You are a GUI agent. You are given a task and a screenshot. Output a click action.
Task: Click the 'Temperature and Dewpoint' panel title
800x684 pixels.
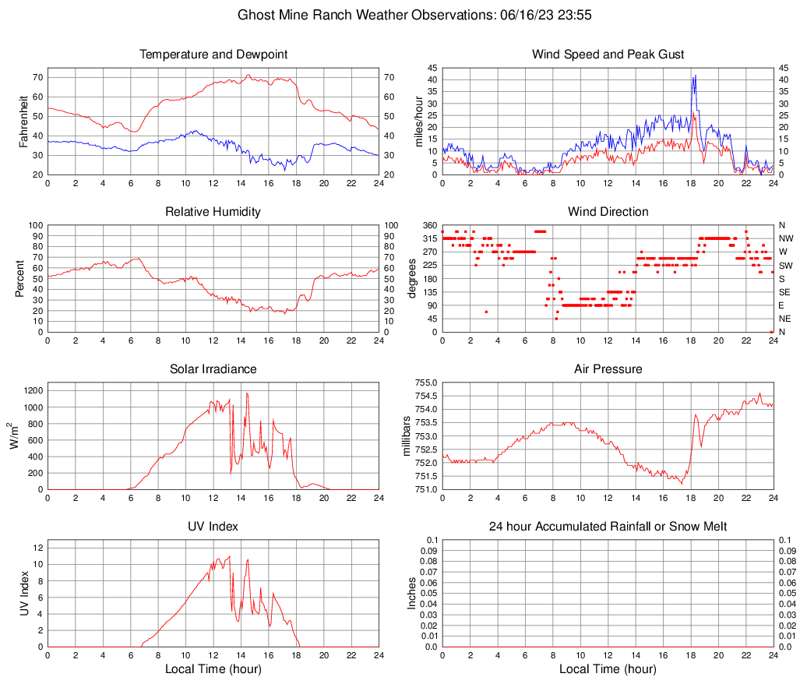click(x=213, y=55)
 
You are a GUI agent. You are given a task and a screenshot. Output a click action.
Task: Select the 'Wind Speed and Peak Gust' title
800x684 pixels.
click(x=608, y=55)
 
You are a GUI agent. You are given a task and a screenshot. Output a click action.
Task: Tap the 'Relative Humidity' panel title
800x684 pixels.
click(x=213, y=212)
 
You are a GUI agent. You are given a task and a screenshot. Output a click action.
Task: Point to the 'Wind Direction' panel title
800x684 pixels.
click(x=608, y=212)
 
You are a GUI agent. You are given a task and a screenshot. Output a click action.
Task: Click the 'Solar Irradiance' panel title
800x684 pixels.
click(x=213, y=369)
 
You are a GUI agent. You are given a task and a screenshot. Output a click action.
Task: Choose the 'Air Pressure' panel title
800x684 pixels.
click(x=608, y=369)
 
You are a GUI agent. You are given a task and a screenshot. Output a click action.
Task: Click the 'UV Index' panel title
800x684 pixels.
click(x=213, y=527)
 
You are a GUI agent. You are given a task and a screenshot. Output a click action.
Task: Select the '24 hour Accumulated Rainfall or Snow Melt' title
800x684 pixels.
click(x=608, y=527)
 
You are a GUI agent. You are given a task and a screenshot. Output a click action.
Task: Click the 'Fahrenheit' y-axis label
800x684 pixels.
click(x=23, y=121)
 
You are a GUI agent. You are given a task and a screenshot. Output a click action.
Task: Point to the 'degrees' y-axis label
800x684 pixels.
click(x=412, y=278)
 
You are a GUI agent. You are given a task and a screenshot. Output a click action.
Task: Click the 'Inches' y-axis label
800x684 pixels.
click(x=412, y=593)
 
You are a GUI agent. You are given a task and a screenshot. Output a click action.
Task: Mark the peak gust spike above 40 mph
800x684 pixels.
click(x=693, y=76)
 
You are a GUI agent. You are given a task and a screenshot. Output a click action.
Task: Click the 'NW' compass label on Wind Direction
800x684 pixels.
click(x=785, y=238)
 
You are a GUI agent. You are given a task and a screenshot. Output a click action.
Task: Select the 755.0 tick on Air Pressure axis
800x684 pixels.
click(x=425, y=383)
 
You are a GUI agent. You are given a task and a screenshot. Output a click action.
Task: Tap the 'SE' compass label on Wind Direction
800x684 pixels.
click(x=784, y=292)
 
